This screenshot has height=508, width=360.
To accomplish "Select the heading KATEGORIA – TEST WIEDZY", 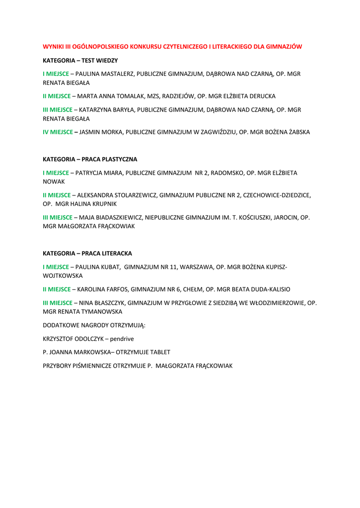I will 80,60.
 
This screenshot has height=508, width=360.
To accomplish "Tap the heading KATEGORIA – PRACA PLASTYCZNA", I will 90,159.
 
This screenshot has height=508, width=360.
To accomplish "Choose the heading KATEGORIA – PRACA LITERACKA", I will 87,253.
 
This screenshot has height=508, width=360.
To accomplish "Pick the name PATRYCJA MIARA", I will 98,173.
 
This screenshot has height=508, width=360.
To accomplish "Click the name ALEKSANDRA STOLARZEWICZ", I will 117,195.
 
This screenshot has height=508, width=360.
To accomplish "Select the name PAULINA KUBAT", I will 98,267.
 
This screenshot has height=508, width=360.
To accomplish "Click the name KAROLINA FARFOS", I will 101,289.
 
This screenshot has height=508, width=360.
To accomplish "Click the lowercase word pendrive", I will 123,339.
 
